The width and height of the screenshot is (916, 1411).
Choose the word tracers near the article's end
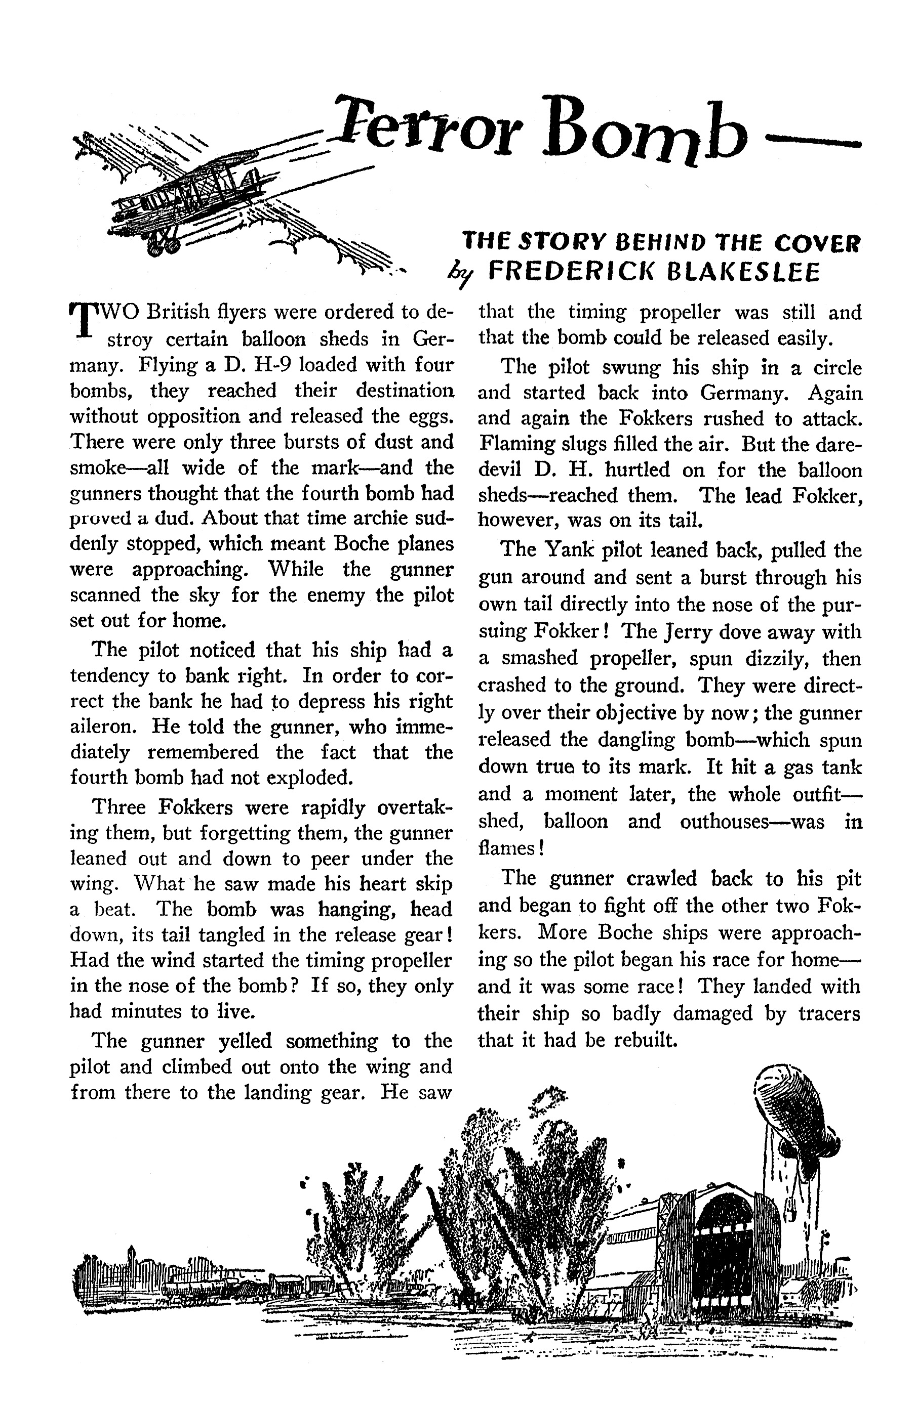(x=829, y=1013)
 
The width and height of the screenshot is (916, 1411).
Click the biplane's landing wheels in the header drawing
(x=165, y=244)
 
